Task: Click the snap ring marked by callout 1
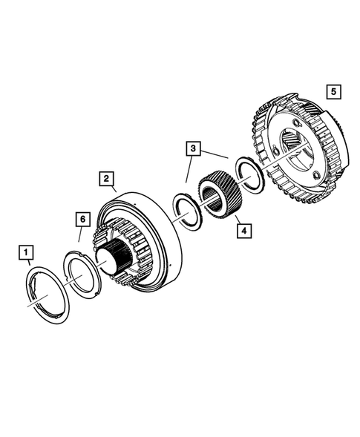pos(47,297)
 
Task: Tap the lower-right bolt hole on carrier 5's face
pos(320,176)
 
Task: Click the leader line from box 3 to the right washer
pos(215,154)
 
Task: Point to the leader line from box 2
pos(113,190)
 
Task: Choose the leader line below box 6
pos(81,234)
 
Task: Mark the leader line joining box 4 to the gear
pos(236,218)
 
